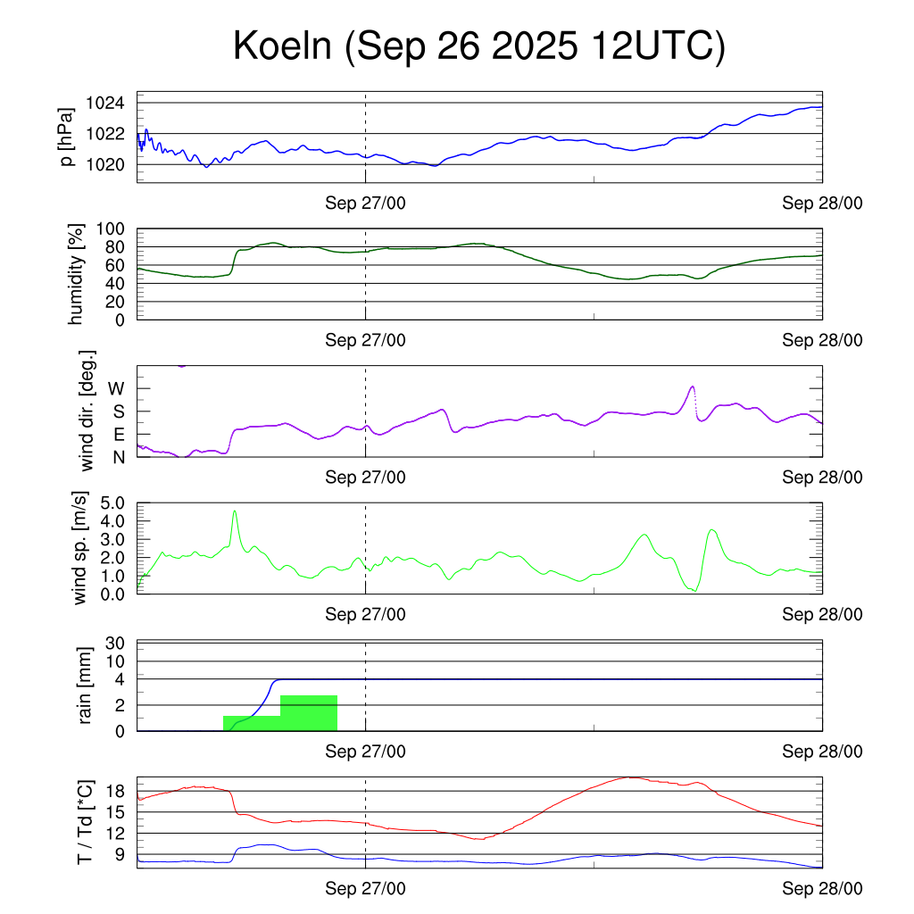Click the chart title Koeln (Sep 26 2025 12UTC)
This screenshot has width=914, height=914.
tap(478, 46)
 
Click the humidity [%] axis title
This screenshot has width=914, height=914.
tap(78, 274)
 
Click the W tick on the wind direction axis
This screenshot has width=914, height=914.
tap(116, 388)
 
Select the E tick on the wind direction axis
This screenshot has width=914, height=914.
tap(118, 435)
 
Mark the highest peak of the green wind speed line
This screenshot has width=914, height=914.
tap(235, 511)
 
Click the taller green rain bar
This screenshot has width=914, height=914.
tap(309, 712)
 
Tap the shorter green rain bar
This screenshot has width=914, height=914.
tap(252, 723)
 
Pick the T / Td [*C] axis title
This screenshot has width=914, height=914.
tap(85, 822)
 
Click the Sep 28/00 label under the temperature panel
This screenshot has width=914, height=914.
tap(822, 888)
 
